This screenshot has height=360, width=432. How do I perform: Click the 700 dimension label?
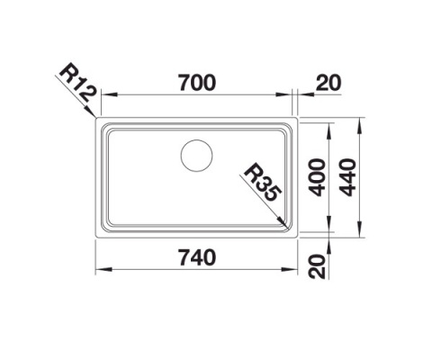[x=197, y=83]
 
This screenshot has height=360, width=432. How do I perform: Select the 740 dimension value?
[x=197, y=257]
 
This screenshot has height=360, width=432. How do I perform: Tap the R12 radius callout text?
[x=78, y=86]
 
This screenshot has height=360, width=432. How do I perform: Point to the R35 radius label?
[x=263, y=183]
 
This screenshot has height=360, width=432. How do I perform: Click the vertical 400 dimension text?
[x=317, y=177]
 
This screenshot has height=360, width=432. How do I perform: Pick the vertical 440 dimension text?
[x=347, y=177]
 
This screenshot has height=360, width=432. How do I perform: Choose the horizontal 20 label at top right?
[x=328, y=83]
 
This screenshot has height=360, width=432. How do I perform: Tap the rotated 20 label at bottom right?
[x=317, y=266]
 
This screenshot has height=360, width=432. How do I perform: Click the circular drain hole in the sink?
[x=197, y=156]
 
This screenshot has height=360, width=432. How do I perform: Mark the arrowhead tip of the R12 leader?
[x=95, y=116]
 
